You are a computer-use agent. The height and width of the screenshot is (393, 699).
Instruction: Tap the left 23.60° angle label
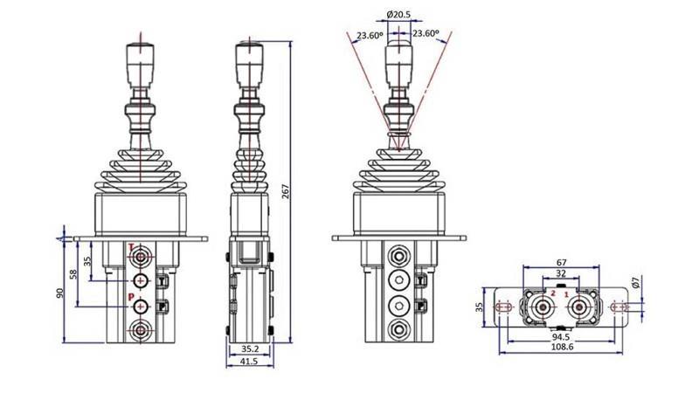click(368, 36)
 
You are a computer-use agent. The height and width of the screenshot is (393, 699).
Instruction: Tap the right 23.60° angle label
click(426, 33)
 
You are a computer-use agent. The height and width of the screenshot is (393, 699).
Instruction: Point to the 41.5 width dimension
click(248, 361)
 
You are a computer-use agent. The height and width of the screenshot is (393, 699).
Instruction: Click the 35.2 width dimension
click(248, 348)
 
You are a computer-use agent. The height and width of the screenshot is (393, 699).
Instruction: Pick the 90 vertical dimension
click(60, 293)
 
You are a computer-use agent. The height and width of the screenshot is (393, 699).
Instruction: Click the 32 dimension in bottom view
click(562, 274)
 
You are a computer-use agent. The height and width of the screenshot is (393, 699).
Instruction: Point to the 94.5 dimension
click(562, 335)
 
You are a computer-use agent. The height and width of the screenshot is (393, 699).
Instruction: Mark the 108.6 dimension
click(562, 347)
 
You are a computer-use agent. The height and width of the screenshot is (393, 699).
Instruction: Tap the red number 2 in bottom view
click(552, 294)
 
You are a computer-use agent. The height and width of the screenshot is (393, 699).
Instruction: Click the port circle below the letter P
click(140, 331)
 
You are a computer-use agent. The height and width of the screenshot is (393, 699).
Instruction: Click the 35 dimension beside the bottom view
click(480, 307)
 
